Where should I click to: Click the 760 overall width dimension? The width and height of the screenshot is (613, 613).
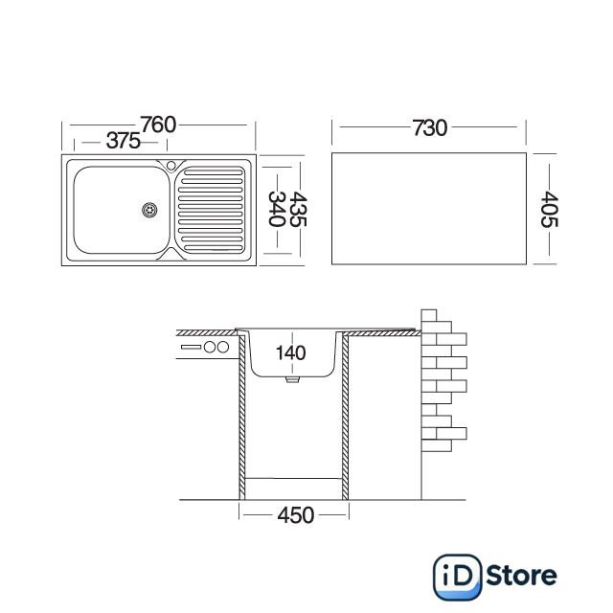click(x=158, y=125)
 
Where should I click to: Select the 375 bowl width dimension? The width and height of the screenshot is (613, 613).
click(x=124, y=141)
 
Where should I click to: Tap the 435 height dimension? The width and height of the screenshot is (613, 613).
click(x=298, y=209)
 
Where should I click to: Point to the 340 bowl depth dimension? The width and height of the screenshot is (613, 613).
click(x=277, y=209)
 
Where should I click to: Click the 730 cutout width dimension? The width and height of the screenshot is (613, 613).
click(x=430, y=127)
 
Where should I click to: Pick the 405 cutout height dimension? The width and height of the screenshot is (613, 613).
click(x=549, y=209)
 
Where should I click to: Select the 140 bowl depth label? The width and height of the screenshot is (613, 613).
click(x=290, y=353)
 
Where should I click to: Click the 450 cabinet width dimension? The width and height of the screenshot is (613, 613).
click(x=296, y=515)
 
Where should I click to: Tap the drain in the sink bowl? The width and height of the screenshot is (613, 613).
click(x=149, y=210)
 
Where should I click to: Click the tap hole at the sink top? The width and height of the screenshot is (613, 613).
click(x=170, y=166)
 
